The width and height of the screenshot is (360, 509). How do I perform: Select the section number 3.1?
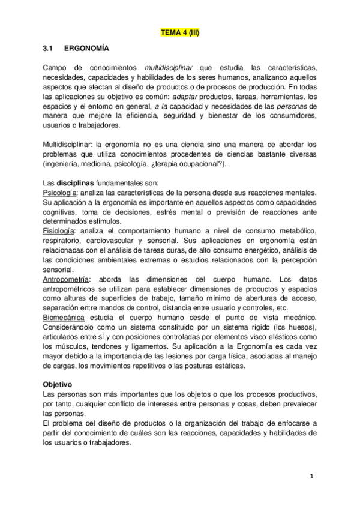point(49,47)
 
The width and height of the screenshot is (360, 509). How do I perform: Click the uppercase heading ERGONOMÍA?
point(86,47)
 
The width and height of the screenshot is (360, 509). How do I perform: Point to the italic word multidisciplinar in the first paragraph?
point(169,67)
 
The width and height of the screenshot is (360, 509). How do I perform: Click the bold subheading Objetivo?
point(58,384)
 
